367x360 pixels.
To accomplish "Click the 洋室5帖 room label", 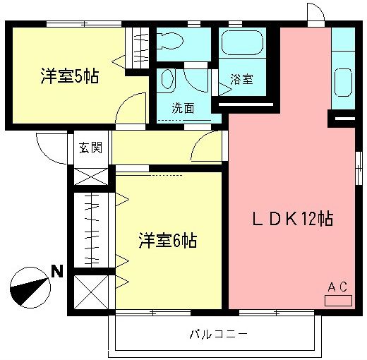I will click(x=68, y=76).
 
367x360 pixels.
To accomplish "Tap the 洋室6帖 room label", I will click(x=167, y=241).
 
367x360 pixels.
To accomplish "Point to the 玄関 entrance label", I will click(x=90, y=148).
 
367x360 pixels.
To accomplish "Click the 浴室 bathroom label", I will click(x=242, y=80).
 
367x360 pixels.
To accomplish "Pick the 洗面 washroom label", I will click(x=183, y=108).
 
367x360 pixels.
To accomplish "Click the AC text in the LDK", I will click(x=337, y=286).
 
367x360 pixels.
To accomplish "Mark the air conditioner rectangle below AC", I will click(x=337, y=300).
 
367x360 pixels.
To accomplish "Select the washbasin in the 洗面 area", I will click(x=168, y=83).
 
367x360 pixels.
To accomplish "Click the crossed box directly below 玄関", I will click(x=90, y=175).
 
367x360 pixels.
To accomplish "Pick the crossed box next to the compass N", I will click(x=90, y=290).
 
